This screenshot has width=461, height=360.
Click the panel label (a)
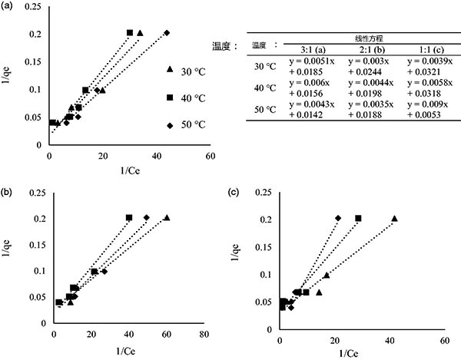[9, 6]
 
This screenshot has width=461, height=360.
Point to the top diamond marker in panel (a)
[167, 32]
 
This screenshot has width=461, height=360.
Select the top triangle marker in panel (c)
[395, 219]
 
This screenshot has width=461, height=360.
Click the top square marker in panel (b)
[129, 217]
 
